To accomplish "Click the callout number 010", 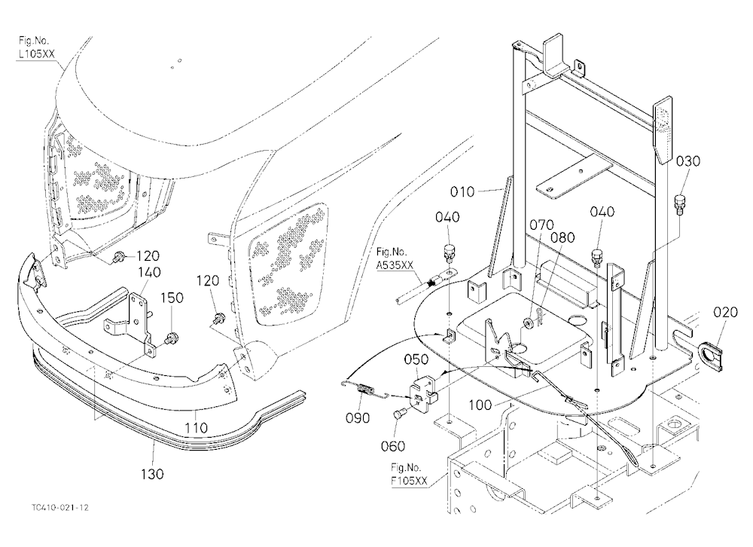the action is click(462, 192).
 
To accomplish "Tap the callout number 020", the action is click(725, 313).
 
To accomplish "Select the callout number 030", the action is click(688, 161).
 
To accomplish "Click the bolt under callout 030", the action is click(680, 205).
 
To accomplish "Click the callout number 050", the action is click(416, 359).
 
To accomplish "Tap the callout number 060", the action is click(393, 447).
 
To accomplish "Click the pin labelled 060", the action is click(400, 413).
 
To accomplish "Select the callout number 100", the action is click(480, 405).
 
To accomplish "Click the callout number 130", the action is click(152, 474).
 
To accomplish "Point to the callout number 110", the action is click(196, 427).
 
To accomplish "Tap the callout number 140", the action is click(149, 273).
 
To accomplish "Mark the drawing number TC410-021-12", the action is click(61, 508).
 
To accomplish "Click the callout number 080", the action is click(562, 237).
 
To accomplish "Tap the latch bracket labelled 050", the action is click(422, 390).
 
